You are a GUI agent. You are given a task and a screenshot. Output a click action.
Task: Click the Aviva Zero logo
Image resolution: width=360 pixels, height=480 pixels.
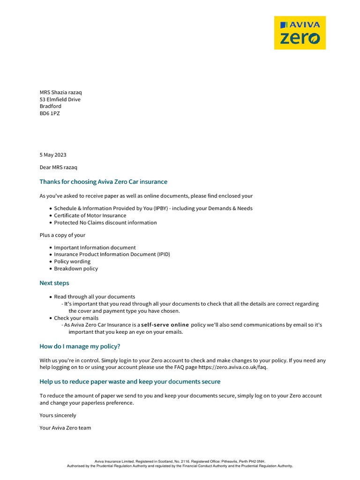tap(300, 33)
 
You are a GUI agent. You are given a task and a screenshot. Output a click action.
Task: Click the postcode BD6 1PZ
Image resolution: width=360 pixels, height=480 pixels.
tap(50, 113)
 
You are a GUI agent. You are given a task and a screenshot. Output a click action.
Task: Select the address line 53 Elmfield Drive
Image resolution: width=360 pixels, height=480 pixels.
tap(60, 99)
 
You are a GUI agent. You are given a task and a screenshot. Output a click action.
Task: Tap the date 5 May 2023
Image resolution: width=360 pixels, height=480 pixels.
tap(53, 155)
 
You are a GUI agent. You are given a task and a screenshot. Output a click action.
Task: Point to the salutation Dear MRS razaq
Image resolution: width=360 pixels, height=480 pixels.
tap(59, 167)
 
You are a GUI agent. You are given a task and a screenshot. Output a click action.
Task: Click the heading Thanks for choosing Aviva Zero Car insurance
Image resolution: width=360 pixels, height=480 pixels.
tap(103, 182)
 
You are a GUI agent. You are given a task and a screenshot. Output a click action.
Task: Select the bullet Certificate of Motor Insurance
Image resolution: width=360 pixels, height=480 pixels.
tap(90, 216)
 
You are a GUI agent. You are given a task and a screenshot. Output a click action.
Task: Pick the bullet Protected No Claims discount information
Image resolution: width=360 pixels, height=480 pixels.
tap(105, 223)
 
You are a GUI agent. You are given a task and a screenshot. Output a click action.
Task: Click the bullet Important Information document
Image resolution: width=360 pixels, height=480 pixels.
tap(95, 247)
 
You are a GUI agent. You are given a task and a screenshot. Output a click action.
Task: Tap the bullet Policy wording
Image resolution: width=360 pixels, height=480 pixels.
tap(72, 262)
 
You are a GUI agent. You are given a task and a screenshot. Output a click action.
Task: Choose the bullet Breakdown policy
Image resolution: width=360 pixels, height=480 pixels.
tap(76, 269)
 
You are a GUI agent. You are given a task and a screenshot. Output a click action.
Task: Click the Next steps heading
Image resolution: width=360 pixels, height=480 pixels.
tap(54, 283)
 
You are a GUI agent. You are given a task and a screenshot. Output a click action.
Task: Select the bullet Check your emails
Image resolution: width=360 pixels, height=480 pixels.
tap(76, 318)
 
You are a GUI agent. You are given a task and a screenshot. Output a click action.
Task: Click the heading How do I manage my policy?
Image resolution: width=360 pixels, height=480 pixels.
tap(80, 346)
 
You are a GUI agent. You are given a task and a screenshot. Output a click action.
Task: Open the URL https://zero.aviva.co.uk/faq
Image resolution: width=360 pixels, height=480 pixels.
tap(232, 367)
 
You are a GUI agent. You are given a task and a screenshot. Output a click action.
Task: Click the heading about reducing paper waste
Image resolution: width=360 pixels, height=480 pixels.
tap(130, 382)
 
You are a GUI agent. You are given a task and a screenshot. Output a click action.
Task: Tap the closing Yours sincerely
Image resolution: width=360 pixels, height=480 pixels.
tap(58, 415)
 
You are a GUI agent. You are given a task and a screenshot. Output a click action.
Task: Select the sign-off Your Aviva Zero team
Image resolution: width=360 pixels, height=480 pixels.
tap(65, 428)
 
